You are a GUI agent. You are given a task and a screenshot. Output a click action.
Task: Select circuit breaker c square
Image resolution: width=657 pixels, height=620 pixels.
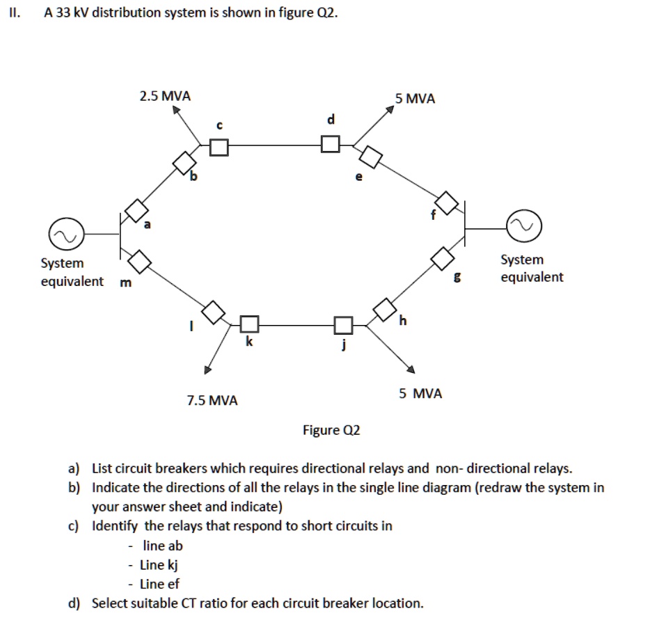click(x=219, y=146)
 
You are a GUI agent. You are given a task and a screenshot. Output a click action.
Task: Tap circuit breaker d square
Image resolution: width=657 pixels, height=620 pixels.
click(x=331, y=144)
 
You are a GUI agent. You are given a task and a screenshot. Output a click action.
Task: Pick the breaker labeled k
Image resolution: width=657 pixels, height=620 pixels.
click(x=250, y=324)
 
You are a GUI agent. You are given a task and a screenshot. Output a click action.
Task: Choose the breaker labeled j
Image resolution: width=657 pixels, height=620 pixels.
click(x=343, y=324)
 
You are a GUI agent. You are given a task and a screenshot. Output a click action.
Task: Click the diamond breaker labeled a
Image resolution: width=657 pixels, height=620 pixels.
click(x=136, y=210)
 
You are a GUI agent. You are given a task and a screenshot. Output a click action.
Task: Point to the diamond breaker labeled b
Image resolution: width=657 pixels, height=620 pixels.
click(x=185, y=163)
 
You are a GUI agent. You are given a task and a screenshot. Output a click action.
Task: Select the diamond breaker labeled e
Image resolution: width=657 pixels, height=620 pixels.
click(x=371, y=157)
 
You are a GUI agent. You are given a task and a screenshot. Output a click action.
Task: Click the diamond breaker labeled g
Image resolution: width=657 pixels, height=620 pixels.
click(x=442, y=258)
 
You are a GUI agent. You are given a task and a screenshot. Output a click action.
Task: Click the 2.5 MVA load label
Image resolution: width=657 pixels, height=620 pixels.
click(x=165, y=96)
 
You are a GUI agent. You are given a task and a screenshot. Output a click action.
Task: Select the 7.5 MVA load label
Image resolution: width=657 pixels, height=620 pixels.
click(x=212, y=400)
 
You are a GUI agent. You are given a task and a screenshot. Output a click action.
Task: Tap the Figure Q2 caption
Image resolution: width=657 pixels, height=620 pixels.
click(x=331, y=430)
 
